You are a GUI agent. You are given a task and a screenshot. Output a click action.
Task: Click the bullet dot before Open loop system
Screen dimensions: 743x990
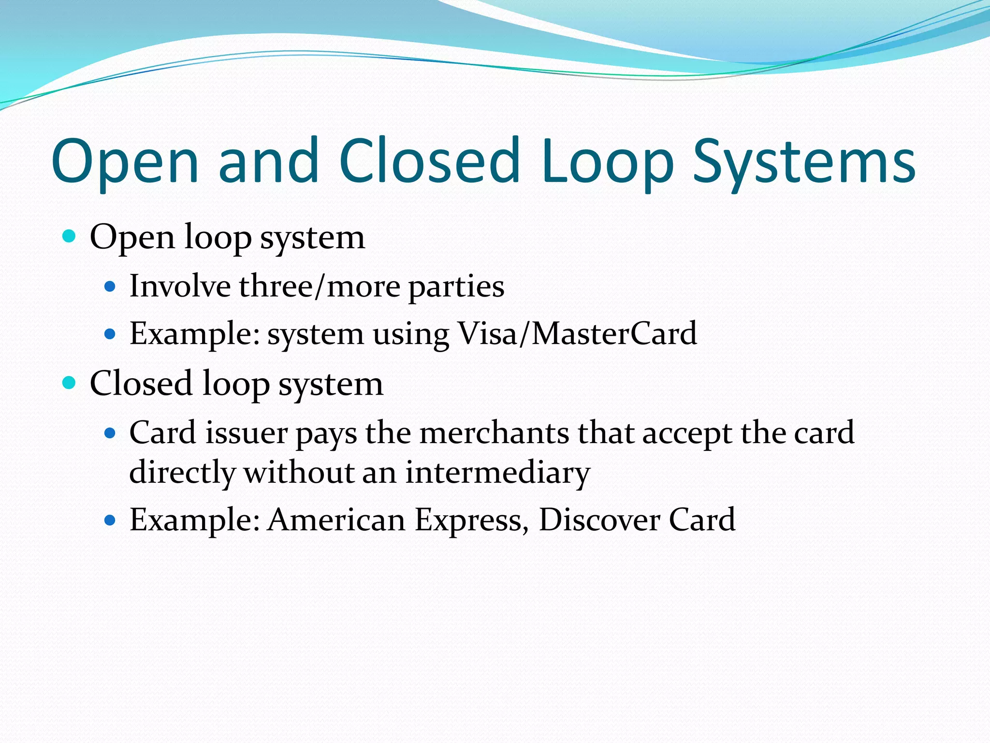pyautogui.click(x=70, y=237)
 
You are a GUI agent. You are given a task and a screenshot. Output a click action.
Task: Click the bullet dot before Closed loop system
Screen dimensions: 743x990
pyautogui.click(x=70, y=383)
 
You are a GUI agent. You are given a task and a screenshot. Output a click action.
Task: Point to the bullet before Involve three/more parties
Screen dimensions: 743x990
pyautogui.click(x=110, y=287)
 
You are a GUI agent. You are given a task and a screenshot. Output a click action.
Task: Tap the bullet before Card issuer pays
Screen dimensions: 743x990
pyautogui.click(x=110, y=432)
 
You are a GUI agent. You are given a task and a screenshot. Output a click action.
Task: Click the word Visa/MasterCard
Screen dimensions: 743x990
pyautogui.click(x=577, y=334)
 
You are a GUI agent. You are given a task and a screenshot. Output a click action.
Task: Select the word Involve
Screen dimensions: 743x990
pyautogui.click(x=180, y=286)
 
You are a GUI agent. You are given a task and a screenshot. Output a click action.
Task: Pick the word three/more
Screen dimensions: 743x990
pyautogui.click(x=320, y=286)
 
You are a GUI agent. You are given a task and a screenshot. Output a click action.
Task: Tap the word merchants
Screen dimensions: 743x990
pyautogui.click(x=494, y=432)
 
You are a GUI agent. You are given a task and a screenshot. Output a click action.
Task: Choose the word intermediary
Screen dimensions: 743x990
pyautogui.click(x=497, y=473)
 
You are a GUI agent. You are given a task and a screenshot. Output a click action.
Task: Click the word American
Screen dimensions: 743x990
pyautogui.click(x=336, y=520)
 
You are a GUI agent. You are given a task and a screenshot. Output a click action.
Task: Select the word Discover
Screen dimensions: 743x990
pyautogui.click(x=599, y=520)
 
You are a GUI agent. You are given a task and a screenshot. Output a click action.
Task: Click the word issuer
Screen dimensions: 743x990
pyautogui.click(x=246, y=432)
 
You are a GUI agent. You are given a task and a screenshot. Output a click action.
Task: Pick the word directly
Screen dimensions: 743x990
pyautogui.click(x=182, y=473)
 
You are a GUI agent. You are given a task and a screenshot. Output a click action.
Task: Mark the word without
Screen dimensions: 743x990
pyautogui.click(x=299, y=473)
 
